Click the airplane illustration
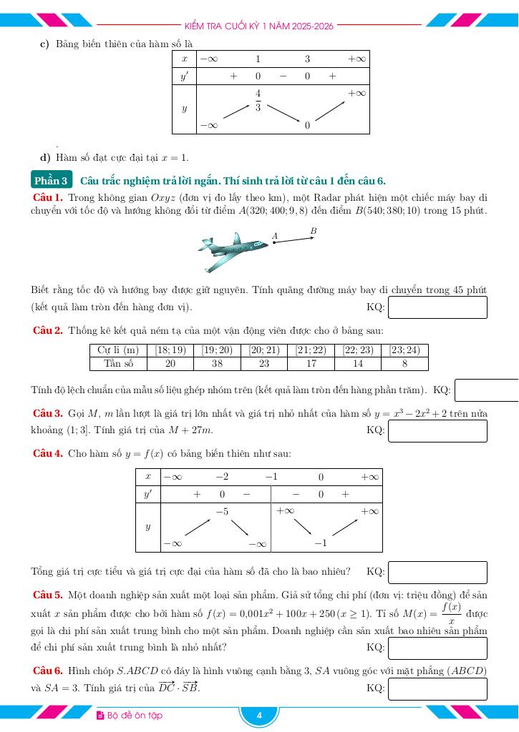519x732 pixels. click(233, 251)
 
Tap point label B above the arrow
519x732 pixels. click(314, 231)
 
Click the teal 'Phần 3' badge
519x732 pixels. click(52, 181)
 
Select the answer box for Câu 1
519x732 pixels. click(437, 307)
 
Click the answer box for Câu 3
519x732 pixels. click(437, 430)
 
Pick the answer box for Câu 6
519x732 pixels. click(437, 688)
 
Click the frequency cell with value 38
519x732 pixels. click(217, 363)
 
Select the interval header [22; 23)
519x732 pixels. click(358, 350)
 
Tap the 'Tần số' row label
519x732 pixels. click(119, 363)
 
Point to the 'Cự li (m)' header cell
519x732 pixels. click(119, 350)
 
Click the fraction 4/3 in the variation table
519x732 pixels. click(258, 101)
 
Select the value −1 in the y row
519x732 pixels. click(321, 543)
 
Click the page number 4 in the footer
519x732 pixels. click(259, 716)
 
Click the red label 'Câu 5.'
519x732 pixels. click(49, 594)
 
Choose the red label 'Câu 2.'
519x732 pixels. click(49, 330)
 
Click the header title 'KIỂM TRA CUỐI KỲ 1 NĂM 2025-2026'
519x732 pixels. click(259, 26)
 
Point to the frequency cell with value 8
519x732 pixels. click(404, 363)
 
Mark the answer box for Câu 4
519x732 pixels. click(437, 572)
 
